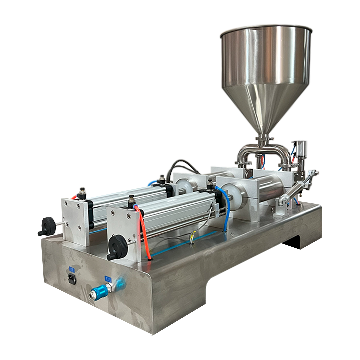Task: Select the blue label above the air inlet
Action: pyautogui.click(x=108, y=277)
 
